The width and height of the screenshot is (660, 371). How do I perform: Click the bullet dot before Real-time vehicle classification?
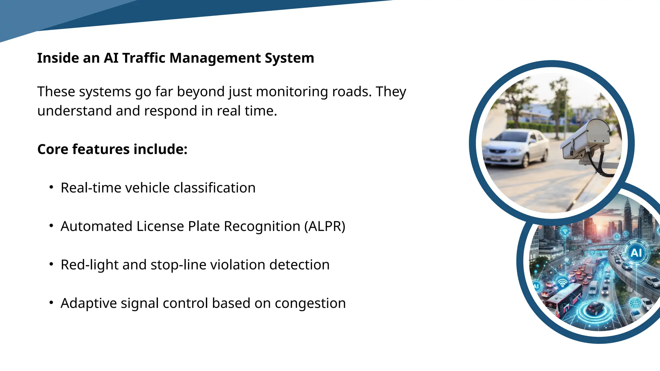51,187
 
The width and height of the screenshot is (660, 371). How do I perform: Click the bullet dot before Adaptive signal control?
51,303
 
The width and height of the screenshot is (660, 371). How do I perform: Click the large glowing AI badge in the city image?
636,252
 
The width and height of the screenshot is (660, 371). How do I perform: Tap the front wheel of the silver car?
525,160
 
